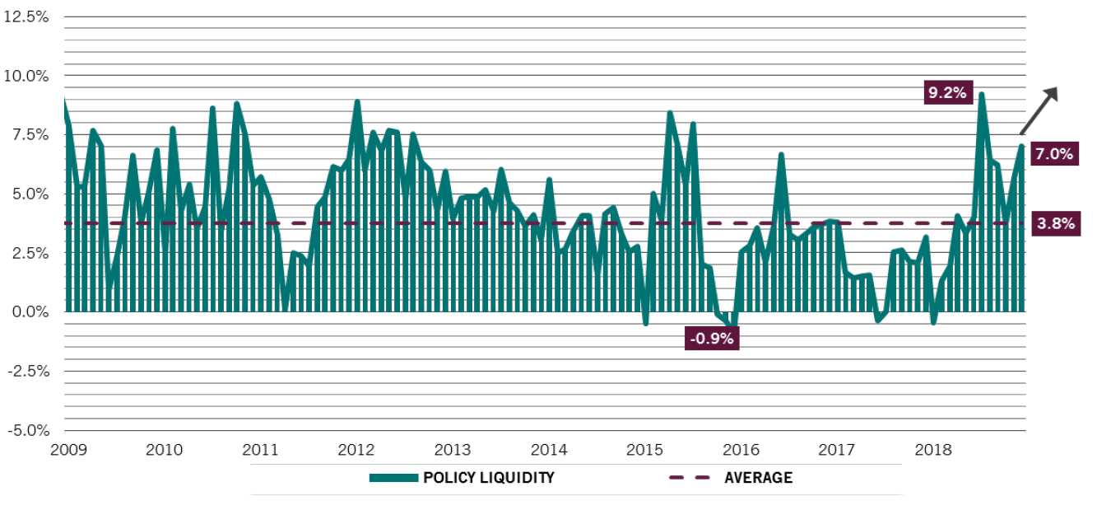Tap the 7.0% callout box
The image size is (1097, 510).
tap(1054, 153)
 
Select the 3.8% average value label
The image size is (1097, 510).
tap(1054, 223)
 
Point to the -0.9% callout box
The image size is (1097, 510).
tap(712, 338)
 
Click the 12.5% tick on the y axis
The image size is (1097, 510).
tap(27, 16)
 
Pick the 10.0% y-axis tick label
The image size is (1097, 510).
tap(27, 76)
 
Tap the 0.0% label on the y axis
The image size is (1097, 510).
tap(30, 312)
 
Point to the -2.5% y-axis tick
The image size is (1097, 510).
tap(29, 371)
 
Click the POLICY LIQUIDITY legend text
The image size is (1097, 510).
tap(489, 478)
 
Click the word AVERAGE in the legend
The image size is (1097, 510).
tap(758, 478)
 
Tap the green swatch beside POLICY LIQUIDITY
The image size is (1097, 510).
tap(393, 478)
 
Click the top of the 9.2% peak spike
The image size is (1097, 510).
tap(981, 95)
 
